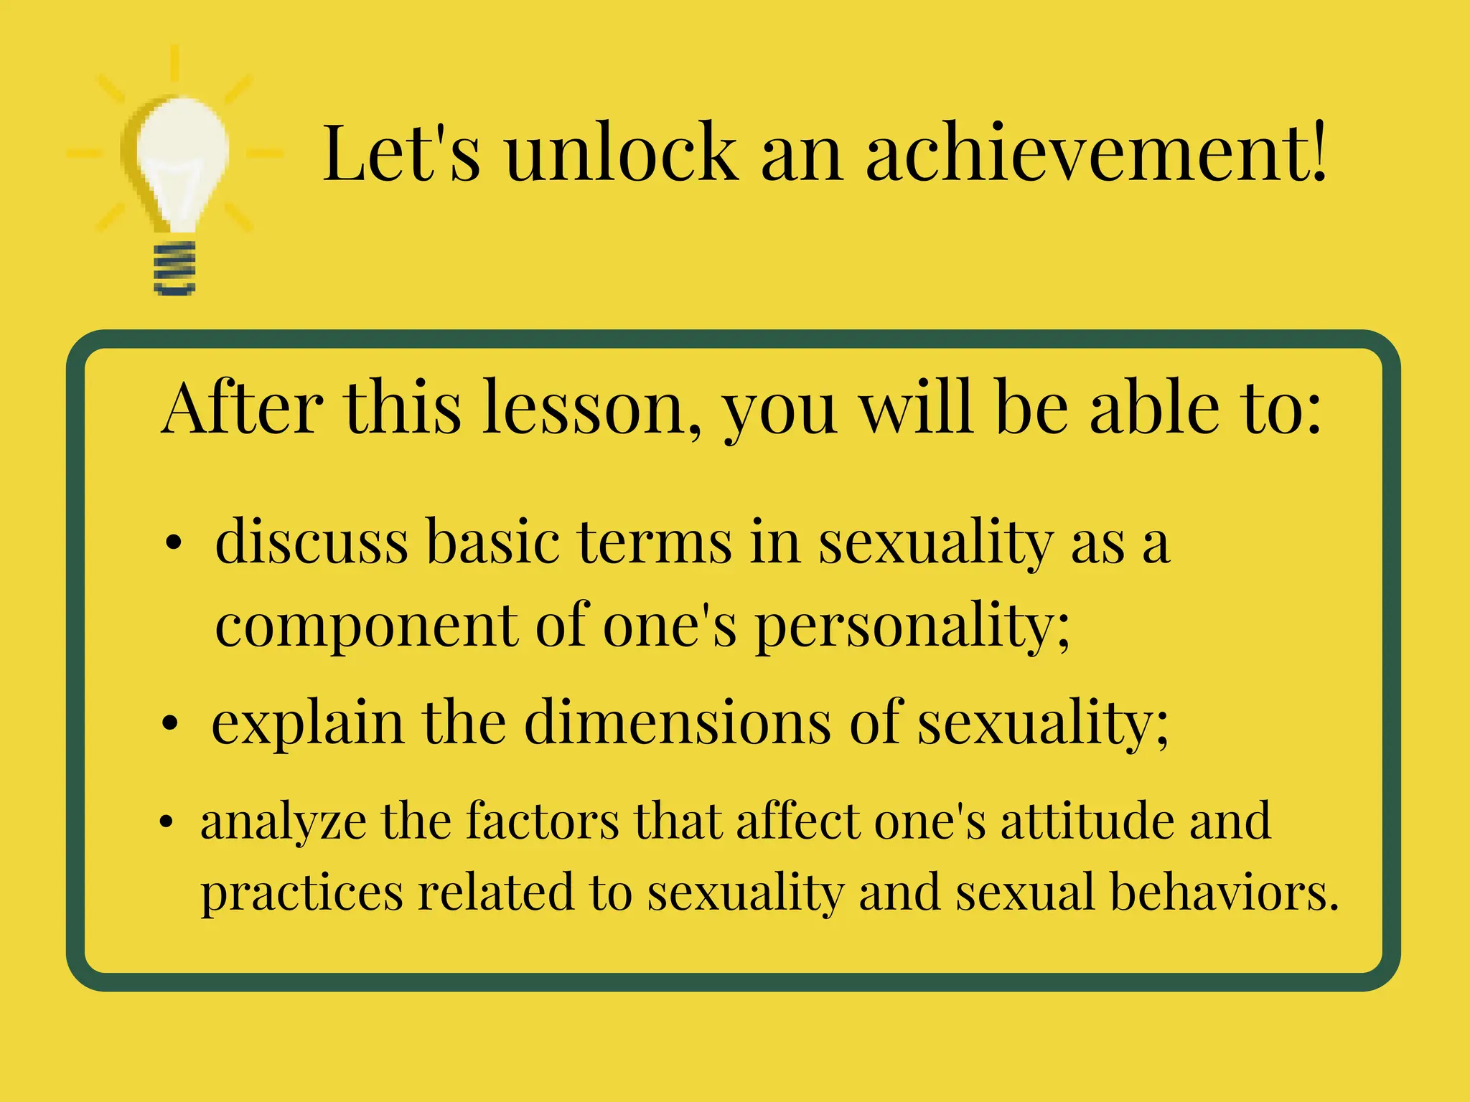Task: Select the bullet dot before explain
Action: [x=169, y=725]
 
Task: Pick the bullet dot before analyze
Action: [x=167, y=822]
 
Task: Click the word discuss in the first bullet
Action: [x=312, y=542]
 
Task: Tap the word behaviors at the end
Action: [x=1225, y=892]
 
